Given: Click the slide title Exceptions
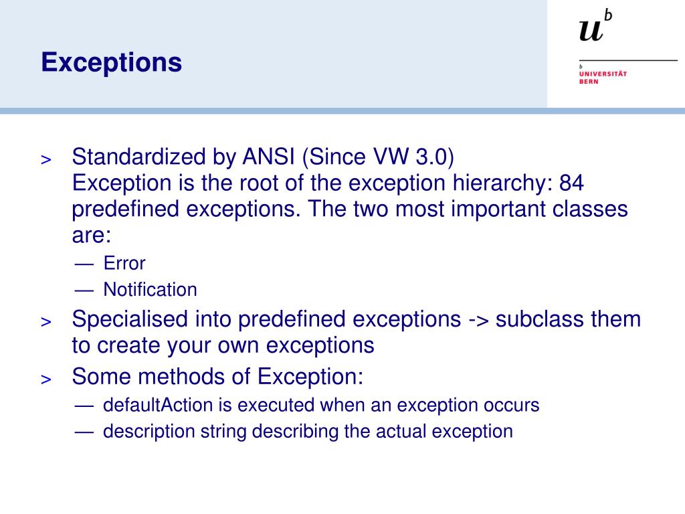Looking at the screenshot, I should (111, 63).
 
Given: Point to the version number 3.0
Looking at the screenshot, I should (434, 158).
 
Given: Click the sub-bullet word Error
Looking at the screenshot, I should (124, 263).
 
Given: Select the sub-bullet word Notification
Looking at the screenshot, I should (150, 290).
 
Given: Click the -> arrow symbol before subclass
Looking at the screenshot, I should (478, 320).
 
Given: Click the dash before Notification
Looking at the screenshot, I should (84, 290).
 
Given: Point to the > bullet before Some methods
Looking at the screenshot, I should (46, 379).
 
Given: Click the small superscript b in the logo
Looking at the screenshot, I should (607, 14).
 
